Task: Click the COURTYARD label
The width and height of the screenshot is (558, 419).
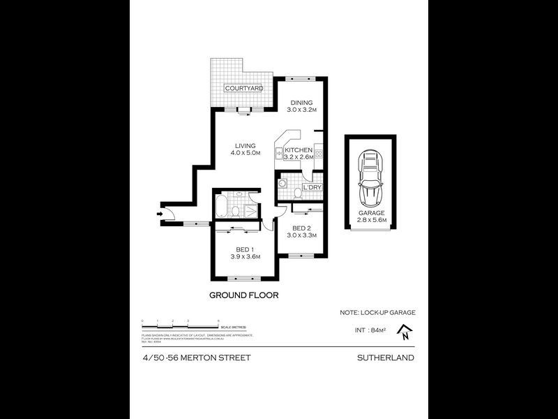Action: (243, 89)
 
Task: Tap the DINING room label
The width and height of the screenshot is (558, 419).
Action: (301, 103)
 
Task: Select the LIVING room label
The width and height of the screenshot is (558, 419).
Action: (245, 146)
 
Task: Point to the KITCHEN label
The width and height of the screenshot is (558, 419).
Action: (299, 150)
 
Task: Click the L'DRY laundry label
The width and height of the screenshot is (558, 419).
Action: (312, 187)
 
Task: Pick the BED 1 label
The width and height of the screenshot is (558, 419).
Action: (243, 249)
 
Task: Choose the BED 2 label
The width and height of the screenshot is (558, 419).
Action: (301, 228)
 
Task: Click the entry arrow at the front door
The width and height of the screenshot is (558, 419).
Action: (160, 213)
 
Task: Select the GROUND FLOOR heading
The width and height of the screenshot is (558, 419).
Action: (244, 295)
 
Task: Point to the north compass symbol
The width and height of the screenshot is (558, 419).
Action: (405, 336)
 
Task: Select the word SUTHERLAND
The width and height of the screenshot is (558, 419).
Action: (384, 358)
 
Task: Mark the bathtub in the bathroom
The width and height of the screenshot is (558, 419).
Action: (222, 208)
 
